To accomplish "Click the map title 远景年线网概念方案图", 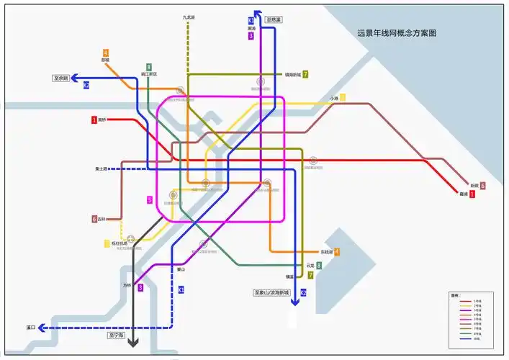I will click(x=397, y=33).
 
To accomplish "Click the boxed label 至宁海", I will click(x=116, y=336).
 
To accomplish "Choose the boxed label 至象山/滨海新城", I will click(x=271, y=293).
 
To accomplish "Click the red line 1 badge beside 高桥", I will click(x=94, y=120).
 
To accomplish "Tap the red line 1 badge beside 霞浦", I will click(x=472, y=194).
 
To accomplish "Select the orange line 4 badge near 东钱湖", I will click(x=336, y=251).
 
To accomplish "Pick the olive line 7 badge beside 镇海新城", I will click(x=305, y=74).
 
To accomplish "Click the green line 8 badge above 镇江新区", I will click(x=149, y=66).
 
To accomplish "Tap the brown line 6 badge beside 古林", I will click(x=94, y=219).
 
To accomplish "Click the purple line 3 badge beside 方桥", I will click(x=140, y=287).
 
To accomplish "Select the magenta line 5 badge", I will click(x=150, y=199).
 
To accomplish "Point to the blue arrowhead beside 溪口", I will click(x=42, y=328).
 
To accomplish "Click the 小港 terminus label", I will click(x=333, y=99).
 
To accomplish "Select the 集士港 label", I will click(x=101, y=168).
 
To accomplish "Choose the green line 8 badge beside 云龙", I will click(x=318, y=265).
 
